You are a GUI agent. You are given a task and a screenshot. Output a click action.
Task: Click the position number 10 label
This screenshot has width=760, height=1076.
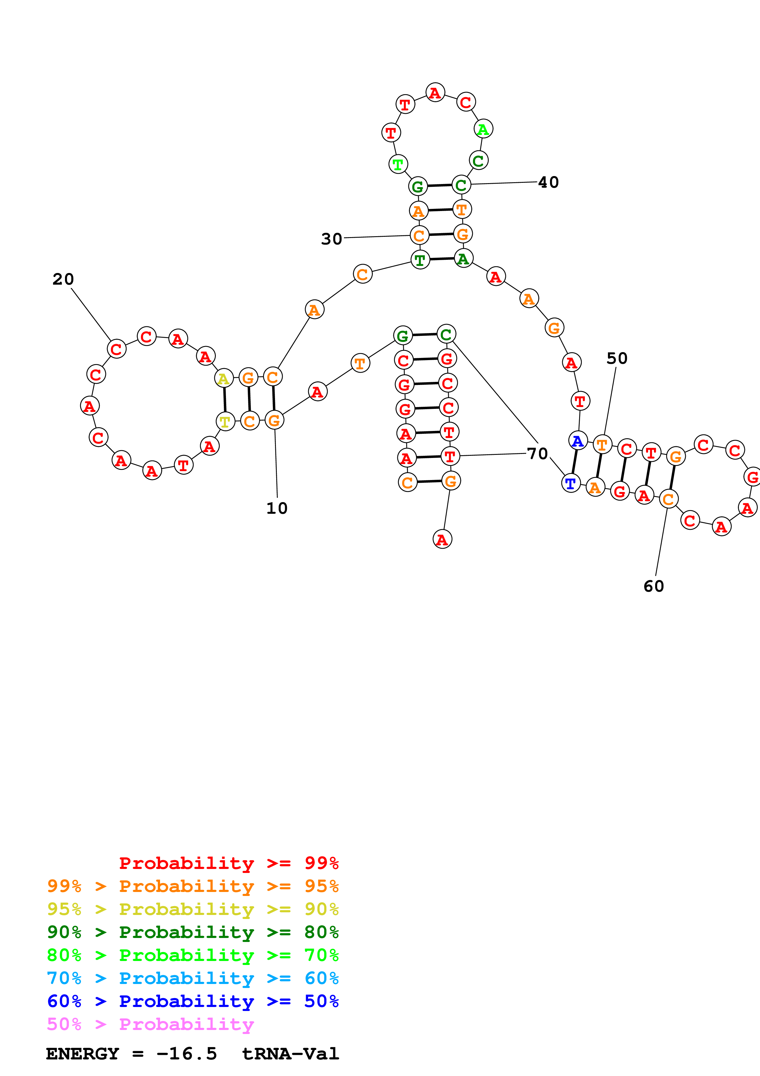click(277, 508)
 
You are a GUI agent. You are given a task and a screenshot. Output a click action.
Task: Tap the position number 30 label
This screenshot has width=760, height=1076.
click(331, 239)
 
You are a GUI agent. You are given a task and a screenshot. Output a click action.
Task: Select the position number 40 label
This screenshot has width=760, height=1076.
click(548, 182)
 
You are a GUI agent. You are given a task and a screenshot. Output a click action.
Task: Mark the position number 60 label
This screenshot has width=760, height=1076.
click(654, 586)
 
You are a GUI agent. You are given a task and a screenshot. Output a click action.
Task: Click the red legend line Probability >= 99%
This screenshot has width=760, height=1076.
click(228, 863)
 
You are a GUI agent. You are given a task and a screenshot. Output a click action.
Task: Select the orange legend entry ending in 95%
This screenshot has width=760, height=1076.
click(193, 886)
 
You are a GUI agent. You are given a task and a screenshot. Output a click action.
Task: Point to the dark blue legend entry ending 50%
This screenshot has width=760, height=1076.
click(193, 1001)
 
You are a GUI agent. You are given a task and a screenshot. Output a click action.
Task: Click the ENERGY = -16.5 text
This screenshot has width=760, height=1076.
click(131, 1054)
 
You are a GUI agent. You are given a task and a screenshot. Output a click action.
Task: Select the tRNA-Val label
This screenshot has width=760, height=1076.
click(290, 1054)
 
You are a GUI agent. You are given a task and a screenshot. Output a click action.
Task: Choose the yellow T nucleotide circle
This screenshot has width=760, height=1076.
click(225, 421)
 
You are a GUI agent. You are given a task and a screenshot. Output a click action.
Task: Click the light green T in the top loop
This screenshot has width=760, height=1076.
click(398, 164)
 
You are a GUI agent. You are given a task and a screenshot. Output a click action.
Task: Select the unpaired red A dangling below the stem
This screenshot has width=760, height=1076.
click(442, 539)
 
